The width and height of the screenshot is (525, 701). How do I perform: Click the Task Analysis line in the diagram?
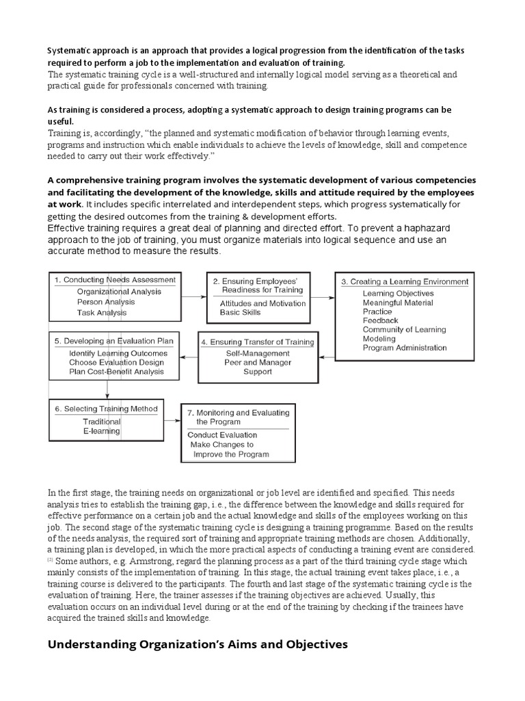coord(101,313)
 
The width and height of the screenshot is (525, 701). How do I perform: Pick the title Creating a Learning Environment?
coord(405,281)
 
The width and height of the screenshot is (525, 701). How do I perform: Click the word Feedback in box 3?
coord(380,320)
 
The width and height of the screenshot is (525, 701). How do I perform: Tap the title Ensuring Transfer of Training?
coord(257,342)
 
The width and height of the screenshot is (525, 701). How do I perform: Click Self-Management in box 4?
coord(257,353)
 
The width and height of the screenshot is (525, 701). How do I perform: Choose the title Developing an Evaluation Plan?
coord(113,341)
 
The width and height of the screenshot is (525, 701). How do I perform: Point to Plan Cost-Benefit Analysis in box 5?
coord(116,372)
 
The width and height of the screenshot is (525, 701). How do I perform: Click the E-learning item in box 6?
coord(101,431)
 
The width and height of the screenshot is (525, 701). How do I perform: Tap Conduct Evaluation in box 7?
coord(222,435)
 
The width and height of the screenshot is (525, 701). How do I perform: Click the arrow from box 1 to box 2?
coord(195,296)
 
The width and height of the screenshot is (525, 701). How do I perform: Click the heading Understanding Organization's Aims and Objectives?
coord(198,644)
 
